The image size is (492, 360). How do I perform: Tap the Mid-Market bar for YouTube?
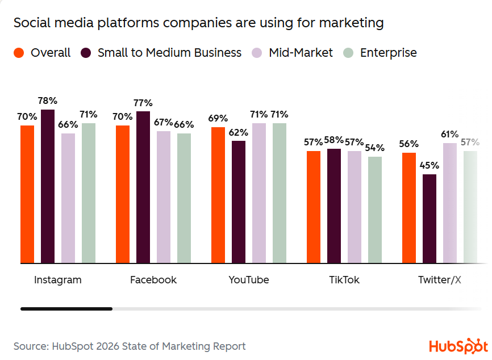coord(259,193)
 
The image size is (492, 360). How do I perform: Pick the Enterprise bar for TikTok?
coord(375,210)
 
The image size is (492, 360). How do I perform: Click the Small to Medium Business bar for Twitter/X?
coord(430,219)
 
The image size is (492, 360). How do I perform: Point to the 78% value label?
coord(48,101)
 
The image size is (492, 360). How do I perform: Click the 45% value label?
coord(430,165)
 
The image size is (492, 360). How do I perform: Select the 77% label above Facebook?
coord(143,103)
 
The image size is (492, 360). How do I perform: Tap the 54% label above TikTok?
coord(375,148)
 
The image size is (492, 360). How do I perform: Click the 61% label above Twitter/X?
coord(450,134)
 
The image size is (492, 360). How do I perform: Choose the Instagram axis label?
coord(58,280)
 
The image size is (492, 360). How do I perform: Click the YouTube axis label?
coord(249,280)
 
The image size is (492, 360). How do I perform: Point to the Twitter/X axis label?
coord(440,280)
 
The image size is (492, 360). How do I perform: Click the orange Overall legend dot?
coord(19,53)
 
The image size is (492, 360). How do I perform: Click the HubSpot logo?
coord(458,346)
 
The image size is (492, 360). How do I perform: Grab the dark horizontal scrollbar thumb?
coord(66,309)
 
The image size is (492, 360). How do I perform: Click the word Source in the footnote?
coord(30,346)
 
